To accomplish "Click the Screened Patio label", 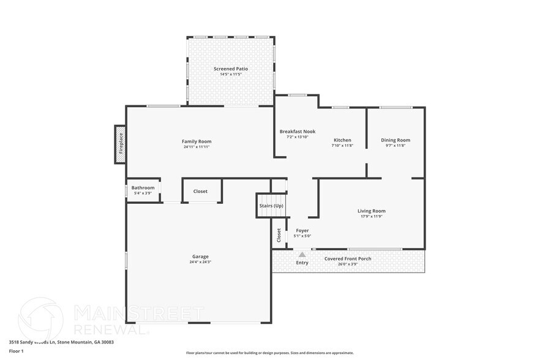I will pyautogui.click(x=231, y=69).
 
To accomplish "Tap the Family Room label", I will pyautogui.click(x=197, y=141).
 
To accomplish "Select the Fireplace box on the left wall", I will pyautogui.click(x=121, y=144).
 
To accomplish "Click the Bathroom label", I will pyautogui.click(x=143, y=187).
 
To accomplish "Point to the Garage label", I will pyautogui.click(x=200, y=257).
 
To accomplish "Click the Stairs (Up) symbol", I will pyautogui.click(x=271, y=206).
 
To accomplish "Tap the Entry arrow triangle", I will pyautogui.click(x=302, y=254).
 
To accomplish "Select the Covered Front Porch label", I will pyautogui.click(x=348, y=258).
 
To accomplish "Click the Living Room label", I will pyautogui.click(x=371, y=211).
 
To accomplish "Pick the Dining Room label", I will pyautogui.click(x=396, y=140).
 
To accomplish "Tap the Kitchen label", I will pyautogui.click(x=342, y=140).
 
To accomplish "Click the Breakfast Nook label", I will pyautogui.click(x=298, y=132).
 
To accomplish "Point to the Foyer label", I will pyautogui.click(x=302, y=231).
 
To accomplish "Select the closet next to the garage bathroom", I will pyautogui.click(x=201, y=191).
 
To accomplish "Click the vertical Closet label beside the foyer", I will pyautogui.click(x=279, y=234).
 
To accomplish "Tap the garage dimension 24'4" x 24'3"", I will pyautogui.click(x=200, y=262).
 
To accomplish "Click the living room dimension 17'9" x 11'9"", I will pyautogui.click(x=371, y=217).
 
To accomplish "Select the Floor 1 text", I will pyautogui.click(x=16, y=351).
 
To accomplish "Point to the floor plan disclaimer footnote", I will pyautogui.click(x=269, y=353).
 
